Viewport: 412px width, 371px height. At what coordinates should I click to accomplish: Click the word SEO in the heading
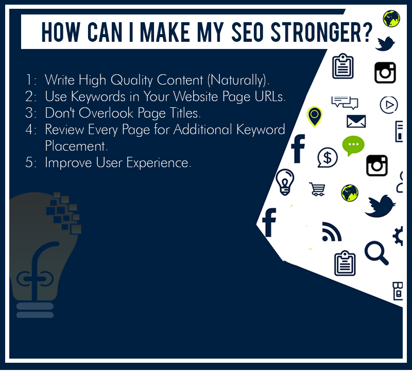pos(247,32)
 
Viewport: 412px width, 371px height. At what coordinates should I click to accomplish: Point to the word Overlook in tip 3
pos(106,113)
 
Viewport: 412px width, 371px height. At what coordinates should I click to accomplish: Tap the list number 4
pos(29,130)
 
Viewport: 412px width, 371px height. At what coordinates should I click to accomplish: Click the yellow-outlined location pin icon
pos(314,117)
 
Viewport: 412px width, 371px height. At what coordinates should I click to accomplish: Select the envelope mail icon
pos(356,121)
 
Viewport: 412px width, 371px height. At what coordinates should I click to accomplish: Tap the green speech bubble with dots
pos(353,146)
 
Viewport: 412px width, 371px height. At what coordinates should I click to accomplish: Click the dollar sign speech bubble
pos(327,157)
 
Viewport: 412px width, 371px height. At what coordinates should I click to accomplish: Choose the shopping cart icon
pos(317,189)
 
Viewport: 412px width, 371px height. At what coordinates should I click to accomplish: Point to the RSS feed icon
pos(332,232)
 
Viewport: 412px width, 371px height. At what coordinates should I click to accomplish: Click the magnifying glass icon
pos(376,253)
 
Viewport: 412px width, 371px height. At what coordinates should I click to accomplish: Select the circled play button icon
pos(389,105)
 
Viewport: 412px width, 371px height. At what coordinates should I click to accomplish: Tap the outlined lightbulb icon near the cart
pos(285,182)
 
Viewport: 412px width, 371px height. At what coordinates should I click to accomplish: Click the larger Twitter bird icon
pos(380,206)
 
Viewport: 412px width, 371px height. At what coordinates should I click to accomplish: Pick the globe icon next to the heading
pos(391,19)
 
